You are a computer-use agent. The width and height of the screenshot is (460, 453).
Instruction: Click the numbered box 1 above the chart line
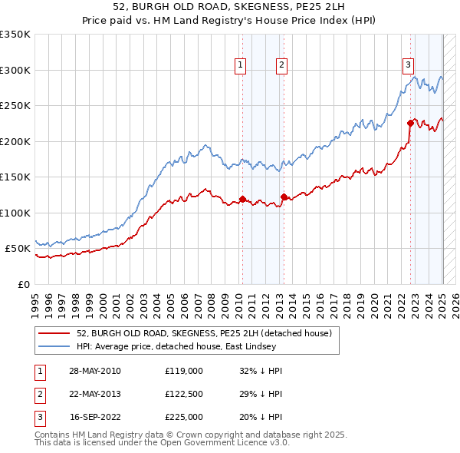point(241,66)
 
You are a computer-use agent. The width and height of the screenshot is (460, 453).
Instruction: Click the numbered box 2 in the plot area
point(281,66)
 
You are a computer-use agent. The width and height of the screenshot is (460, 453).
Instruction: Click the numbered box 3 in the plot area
point(409,66)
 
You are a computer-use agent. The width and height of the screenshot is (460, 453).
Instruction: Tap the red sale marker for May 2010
point(242,200)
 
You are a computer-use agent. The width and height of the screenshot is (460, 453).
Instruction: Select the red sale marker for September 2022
point(410,124)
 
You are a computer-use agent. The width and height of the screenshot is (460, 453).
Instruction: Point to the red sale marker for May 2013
point(284,197)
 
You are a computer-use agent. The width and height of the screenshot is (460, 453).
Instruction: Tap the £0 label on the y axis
point(23,284)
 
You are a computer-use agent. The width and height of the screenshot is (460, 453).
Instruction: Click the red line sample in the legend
point(55,334)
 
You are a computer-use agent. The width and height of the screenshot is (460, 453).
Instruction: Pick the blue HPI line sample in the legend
point(55,346)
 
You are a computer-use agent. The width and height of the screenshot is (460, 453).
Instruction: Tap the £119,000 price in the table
point(184,371)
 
